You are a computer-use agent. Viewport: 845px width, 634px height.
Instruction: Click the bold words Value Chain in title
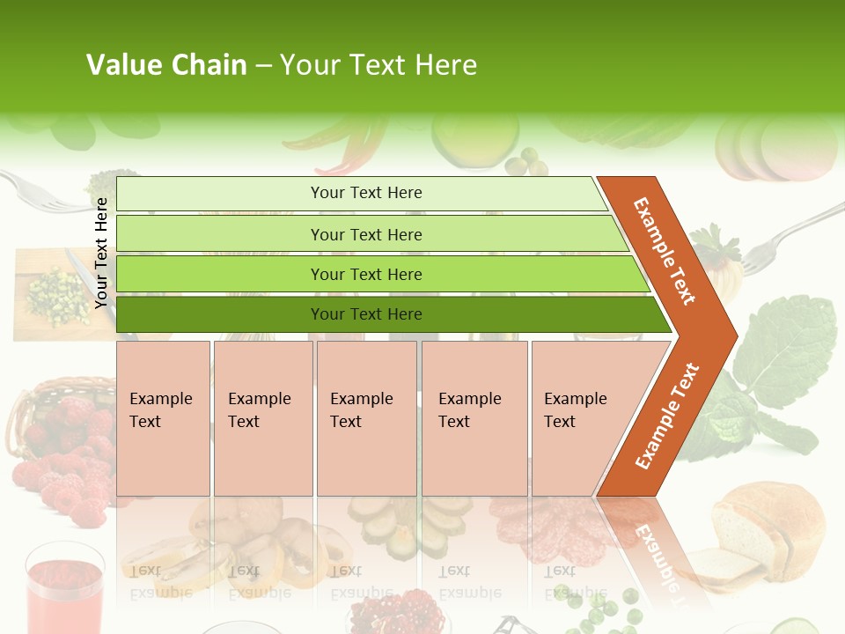pos(166,65)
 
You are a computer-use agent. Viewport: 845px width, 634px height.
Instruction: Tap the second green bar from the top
pos(365,234)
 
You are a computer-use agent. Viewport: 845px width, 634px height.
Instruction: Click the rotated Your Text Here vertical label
pos(102,253)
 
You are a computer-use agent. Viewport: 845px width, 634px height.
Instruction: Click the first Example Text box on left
pos(163,418)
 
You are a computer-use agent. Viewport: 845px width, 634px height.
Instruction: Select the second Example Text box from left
pos(262,418)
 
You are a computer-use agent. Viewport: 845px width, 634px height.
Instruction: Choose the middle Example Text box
pos(366,418)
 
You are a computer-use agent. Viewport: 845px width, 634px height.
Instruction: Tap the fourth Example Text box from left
pos(474,418)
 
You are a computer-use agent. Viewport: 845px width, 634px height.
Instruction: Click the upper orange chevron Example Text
pos(665,251)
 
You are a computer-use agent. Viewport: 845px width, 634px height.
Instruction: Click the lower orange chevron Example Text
pos(667,416)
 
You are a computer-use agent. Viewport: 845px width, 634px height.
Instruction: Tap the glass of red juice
pos(64,586)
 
